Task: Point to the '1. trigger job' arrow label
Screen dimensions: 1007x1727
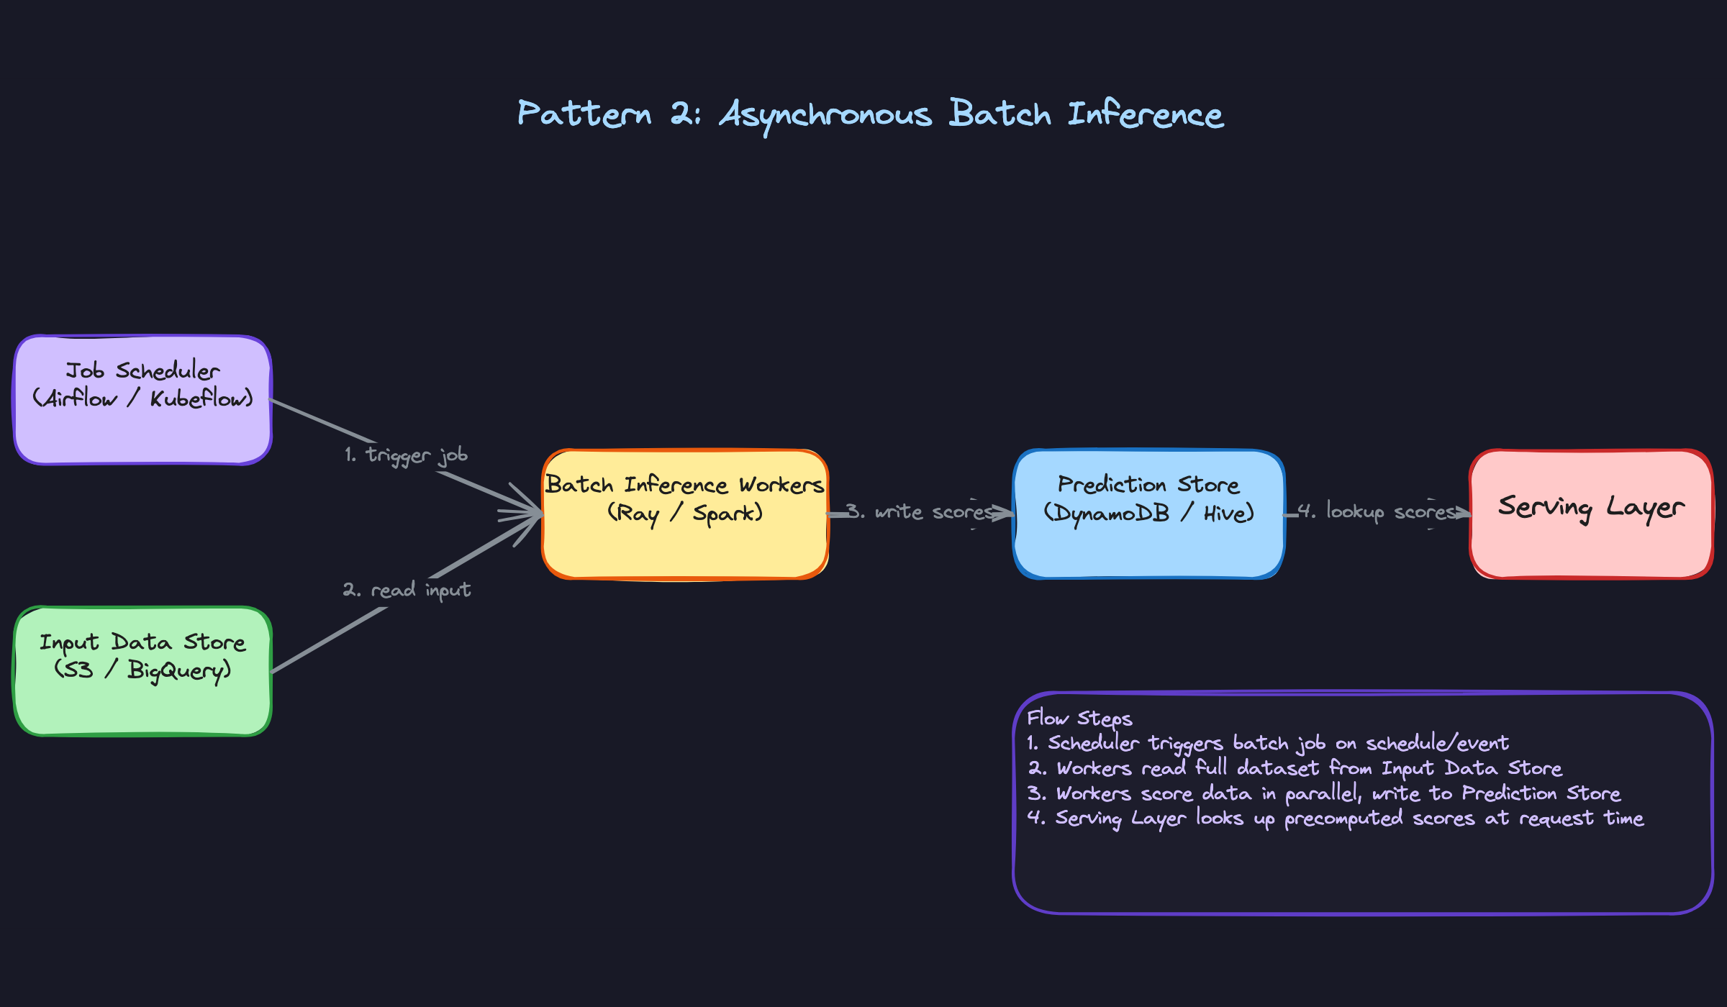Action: coord(407,455)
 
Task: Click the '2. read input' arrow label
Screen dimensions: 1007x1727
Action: coord(407,590)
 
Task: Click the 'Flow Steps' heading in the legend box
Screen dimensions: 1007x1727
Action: coord(1079,718)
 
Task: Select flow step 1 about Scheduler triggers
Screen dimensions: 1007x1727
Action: coord(1266,743)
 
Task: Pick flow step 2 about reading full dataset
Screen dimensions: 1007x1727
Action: coord(1295,768)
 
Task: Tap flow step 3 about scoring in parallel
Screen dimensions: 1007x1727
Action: coord(1324,793)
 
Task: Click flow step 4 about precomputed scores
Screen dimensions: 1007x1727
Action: coord(1335,819)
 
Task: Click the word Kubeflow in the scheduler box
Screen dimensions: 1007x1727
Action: coord(201,398)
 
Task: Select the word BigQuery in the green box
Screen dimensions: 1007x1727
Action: coord(179,670)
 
